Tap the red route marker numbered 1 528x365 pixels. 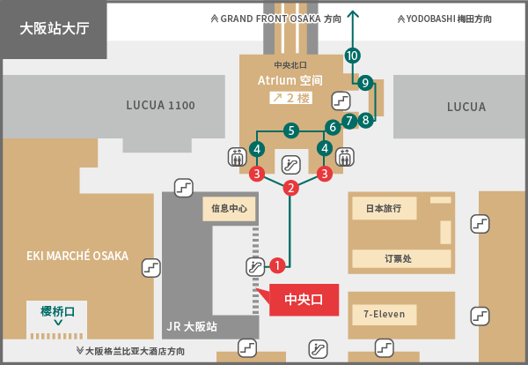point(277,264)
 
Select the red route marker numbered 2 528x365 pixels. point(291,188)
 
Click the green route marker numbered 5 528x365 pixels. point(290,131)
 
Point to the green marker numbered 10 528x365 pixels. point(353,56)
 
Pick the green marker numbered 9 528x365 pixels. point(365,84)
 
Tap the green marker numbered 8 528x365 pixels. point(366,120)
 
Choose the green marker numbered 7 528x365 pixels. point(349,120)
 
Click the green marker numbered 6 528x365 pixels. point(333,127)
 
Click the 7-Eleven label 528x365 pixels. point(384,314)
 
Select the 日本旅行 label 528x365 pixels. point(383,209)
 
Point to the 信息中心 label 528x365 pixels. point(231,209)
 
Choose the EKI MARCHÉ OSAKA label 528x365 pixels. point(77,257)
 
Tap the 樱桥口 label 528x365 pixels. point(58,311)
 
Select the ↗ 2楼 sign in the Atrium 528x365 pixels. point(290,98)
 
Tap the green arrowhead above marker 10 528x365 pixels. point(353,15)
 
